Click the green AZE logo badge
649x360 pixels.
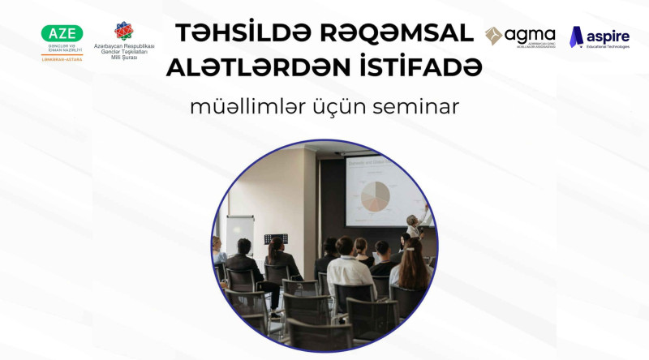[x=62, y=34]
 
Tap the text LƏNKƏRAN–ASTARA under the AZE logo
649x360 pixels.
[x=62, y=60]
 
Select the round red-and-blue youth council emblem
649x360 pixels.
[x=124, y=31]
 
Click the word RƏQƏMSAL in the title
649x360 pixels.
[x=398, y=32]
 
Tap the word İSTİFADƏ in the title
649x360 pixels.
[x=423, y=69]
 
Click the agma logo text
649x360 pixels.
[x=530, y=34]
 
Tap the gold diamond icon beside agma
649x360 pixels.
[x=493, y=35]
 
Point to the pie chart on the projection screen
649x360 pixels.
[x=374, y=193]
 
